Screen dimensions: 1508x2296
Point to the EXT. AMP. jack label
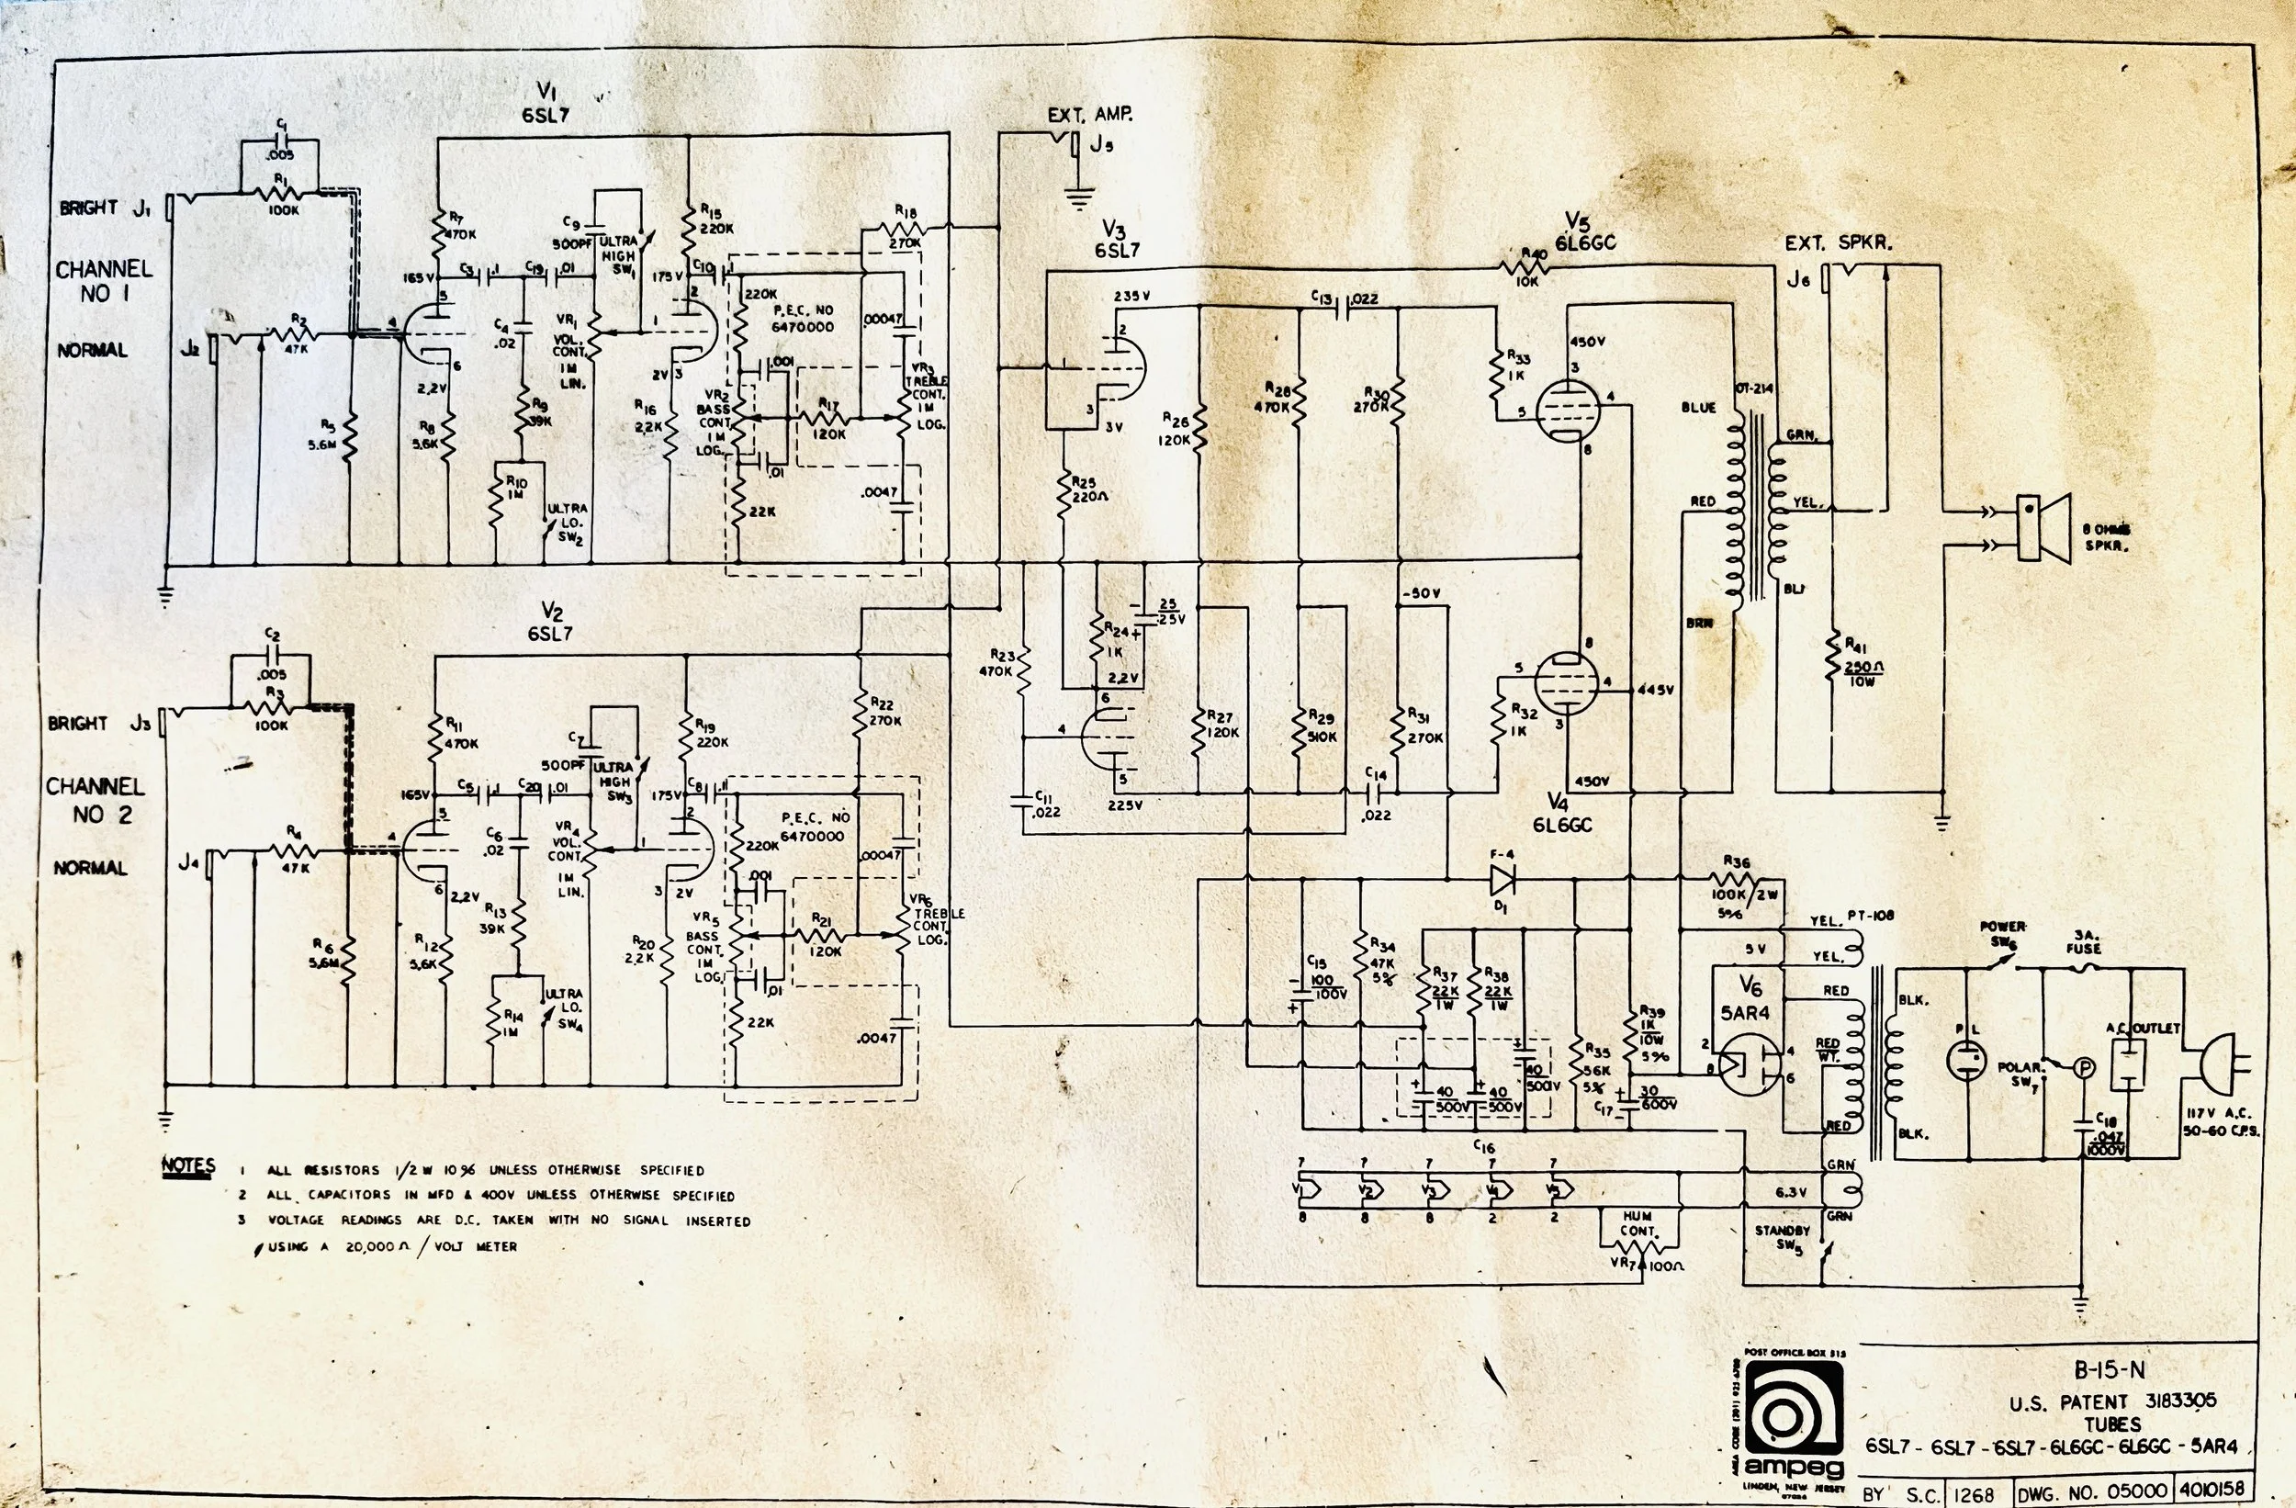pyautogui.click(x=1090, y=115)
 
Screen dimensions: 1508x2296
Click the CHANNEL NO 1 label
pyautogui.click(x=103, y=281)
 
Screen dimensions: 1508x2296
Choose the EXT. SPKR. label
pyautogui.click(x=1837, y=244)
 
